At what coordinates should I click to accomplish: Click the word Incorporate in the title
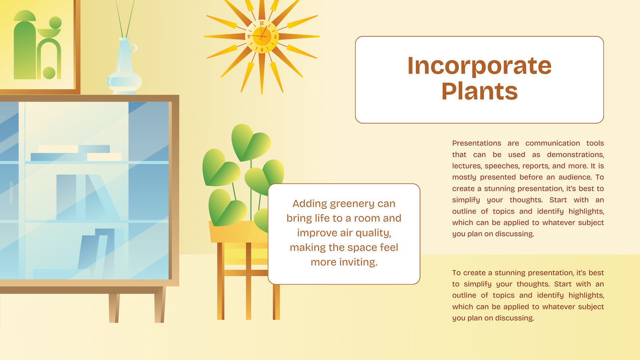coord(480,66)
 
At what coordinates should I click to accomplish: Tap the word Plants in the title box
coord(480,91)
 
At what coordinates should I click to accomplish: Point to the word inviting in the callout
coord(358,262)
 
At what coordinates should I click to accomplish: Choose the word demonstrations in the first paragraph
coord(576,154)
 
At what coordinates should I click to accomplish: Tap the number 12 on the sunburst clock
coord(262,23)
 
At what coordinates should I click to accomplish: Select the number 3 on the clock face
coord(275,37)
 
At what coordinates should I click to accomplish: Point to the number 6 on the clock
coord(262,50)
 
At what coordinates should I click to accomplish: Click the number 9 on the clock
coord(248,36)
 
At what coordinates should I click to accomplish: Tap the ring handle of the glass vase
coord(134,48)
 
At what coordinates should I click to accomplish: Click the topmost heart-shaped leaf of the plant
coord(250,142)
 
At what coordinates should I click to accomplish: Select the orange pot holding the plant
coord(238,232)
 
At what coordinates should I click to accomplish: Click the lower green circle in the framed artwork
coord(49,73)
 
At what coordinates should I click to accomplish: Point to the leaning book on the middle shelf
coord(103,197)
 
